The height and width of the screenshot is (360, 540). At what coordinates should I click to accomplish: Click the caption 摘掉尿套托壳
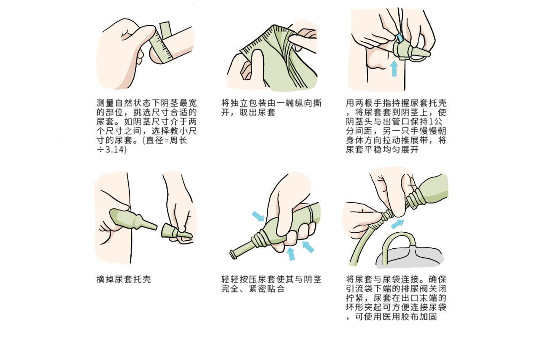(x=124, y=279)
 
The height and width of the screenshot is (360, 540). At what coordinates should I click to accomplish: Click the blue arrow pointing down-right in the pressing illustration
(x=257, y=216)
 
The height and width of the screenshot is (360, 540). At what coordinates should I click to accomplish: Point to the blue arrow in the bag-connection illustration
(x=397, y=223)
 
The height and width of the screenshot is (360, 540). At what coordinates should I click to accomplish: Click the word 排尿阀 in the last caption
(x=415, y=289)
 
